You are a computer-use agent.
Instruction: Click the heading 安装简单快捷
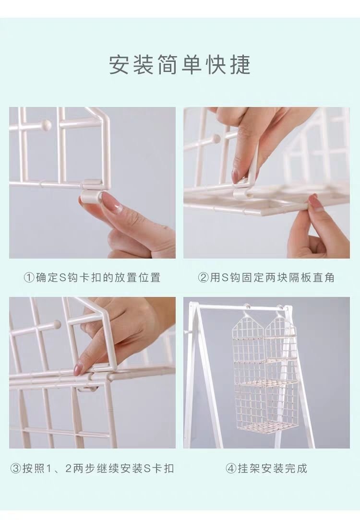point(180,65)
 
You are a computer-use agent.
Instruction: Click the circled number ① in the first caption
point(29,277)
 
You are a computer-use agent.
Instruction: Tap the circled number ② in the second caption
point(204,277)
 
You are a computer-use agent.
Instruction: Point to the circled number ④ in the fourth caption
point(231,468)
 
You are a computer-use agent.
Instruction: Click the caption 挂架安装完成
point(273,468)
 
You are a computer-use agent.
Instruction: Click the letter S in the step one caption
point(63,277)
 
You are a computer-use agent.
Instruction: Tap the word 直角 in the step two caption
point(324,277)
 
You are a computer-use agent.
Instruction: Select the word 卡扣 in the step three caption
point(163,468)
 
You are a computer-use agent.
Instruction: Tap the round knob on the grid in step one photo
point(46,125)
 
